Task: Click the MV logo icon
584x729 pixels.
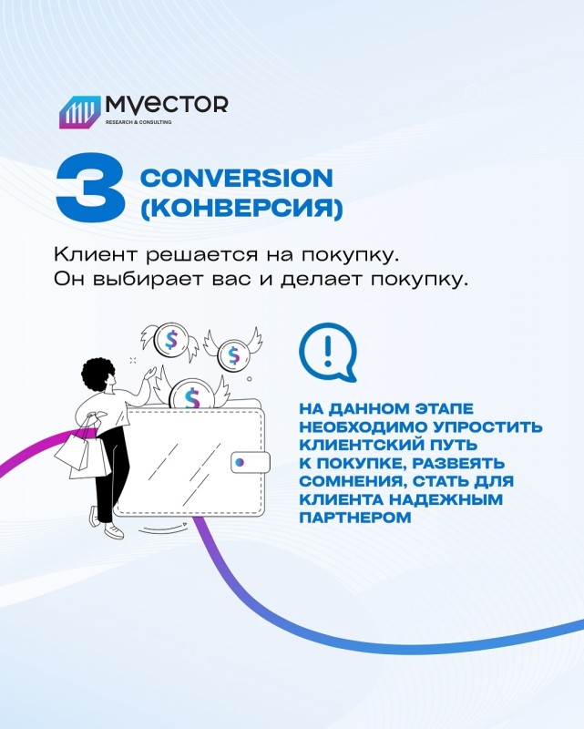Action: [x=80, y=111]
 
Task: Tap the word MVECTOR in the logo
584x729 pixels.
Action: [x=167, y=105]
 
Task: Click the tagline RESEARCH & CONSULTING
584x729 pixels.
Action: [x=138, y=122]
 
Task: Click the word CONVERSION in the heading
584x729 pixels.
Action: [x=237, y=178]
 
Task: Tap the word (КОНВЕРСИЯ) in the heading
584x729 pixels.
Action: [x=241, y=208]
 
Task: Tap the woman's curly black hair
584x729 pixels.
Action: [x=99, y=372]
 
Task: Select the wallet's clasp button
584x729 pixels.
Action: [x=251, y=463]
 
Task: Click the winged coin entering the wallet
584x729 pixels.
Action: [x=191, y=395]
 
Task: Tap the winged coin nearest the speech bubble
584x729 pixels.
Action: [x=233, y=354]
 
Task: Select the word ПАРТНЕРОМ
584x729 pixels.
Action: [x=355, y=517]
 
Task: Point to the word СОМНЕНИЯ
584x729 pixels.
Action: [x=348, y=482]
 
